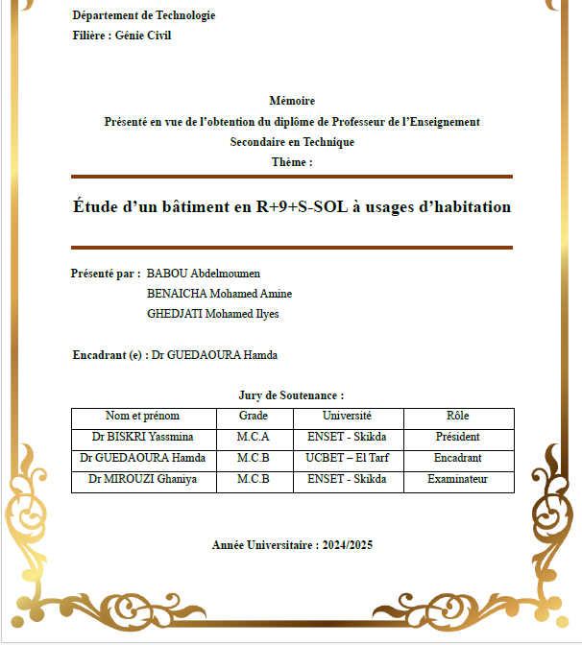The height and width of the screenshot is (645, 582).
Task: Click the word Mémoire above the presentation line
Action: click(292, 101)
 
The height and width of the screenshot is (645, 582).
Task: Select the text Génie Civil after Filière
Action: click(143, 36)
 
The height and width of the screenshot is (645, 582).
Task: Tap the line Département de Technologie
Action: click(144, 15)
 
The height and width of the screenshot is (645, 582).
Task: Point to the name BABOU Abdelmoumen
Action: click(204, 274)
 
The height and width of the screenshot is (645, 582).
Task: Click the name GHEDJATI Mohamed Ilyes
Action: click(212, 314)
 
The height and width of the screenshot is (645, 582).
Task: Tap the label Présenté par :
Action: click(106, 274)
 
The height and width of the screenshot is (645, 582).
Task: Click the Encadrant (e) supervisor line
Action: click(175, 355)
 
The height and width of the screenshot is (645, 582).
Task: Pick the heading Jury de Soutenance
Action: click(291, 395)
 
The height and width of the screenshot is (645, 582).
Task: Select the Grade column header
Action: click(254, 417)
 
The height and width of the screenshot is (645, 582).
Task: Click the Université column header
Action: click(347, 417)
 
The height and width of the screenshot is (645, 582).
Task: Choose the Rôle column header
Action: click(458, 417)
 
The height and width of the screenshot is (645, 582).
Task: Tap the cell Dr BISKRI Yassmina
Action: click(142, 438)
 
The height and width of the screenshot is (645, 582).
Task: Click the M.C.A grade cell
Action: click(254, 438)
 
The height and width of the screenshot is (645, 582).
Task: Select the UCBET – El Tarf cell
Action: click(347, 459)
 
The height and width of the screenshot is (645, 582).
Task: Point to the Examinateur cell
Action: click(458, 479)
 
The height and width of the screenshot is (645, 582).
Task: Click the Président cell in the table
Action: click(458, 438)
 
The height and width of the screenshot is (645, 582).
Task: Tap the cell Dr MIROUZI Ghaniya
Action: click(142, 479)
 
